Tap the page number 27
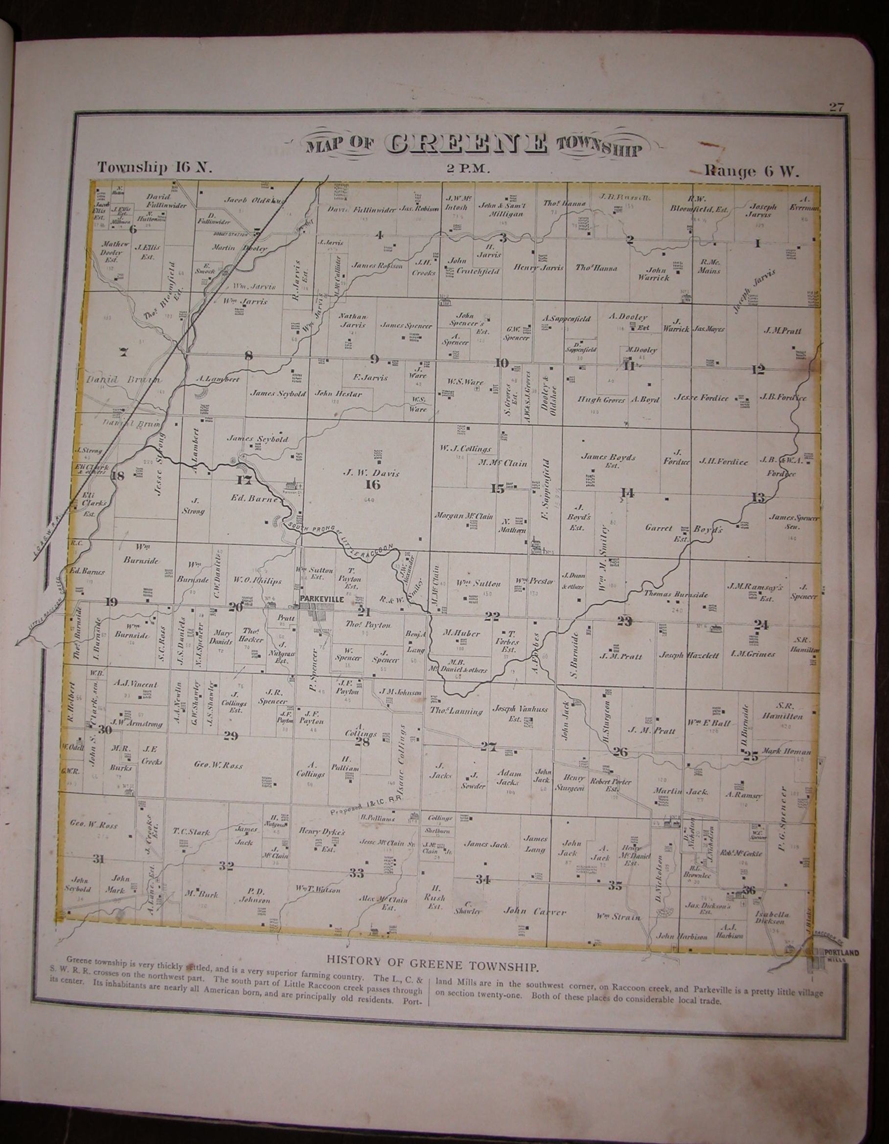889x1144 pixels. click(x=836, y=108)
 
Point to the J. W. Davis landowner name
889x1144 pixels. click(x=371, y=473)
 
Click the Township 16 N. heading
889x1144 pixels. click(x=154, y=168)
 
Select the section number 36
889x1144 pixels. click(x=749, y=890)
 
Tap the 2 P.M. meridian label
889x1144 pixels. click(x=468, y=169)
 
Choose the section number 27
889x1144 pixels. click(x=488, y=747)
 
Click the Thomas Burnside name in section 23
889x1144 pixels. click(x=676, y=595)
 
